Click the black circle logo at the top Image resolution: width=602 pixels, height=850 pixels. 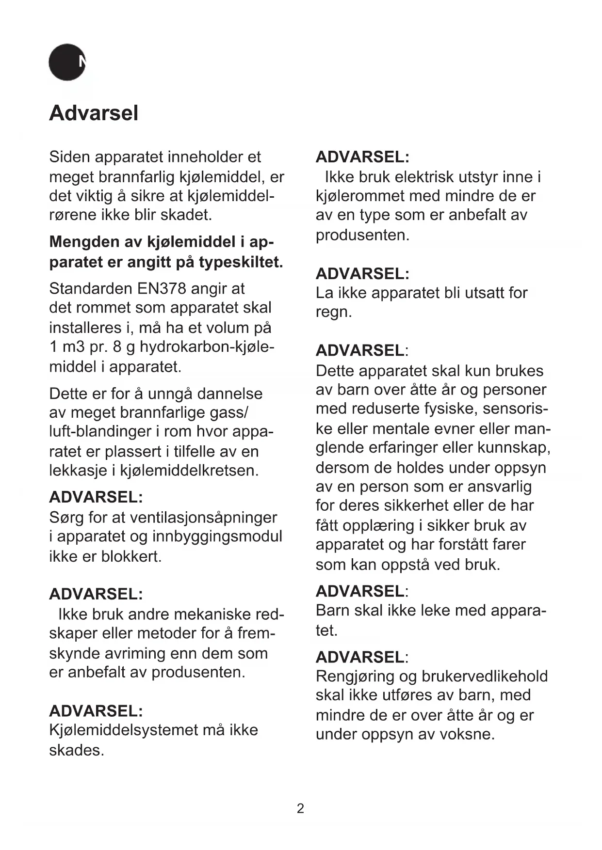click(67, 63)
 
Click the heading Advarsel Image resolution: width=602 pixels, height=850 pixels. click(94, 113)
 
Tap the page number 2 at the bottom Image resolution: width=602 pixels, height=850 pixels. click(300, 808)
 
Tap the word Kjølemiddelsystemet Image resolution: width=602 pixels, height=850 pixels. click(124, 730)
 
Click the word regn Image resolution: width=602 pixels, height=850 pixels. click(333, 312)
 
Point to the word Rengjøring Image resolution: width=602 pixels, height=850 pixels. click(355, 677)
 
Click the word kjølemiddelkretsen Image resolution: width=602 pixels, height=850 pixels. click(189, 471)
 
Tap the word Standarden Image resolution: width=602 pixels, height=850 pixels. click(91, 289)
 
